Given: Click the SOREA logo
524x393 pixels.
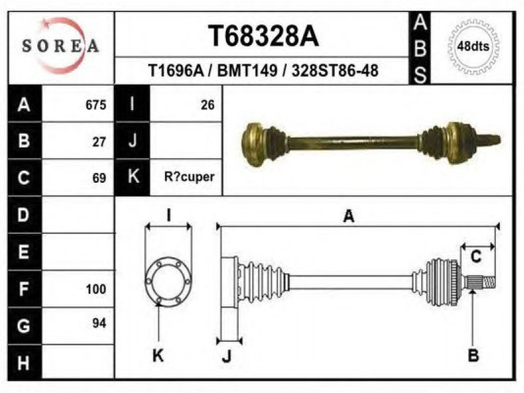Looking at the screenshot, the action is pos(60,46).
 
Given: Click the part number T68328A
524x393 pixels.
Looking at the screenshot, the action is pos(263,36).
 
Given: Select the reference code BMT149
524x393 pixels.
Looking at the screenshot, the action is pos(248,71).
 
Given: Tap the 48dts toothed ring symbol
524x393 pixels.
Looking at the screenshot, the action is pos(473,46).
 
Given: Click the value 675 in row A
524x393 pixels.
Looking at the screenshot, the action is pos(96,105).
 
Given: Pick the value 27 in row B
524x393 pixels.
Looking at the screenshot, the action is pos(100,141).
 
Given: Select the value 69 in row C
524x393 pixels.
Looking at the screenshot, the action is pos(100,178).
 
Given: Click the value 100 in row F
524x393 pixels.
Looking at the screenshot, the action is pos(96,289).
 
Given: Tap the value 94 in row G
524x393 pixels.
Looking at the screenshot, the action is pos(100,323).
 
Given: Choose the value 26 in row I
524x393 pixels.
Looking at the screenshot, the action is pos(208,105).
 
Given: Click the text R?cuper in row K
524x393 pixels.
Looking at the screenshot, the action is pos(189,177).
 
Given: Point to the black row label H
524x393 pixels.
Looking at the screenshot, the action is pos(24,363).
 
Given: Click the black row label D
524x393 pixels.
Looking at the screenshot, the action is pos(24,215).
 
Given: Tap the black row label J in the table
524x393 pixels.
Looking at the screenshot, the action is pos(132,141).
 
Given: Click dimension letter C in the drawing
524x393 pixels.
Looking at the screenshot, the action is pos(476,257).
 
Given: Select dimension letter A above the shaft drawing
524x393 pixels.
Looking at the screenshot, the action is pos(348,216).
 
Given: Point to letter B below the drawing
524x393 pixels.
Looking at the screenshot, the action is pos(473,355).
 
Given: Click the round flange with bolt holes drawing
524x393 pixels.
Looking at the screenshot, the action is pos(168,282).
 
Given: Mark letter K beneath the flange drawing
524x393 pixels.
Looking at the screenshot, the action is pos(158,356).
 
